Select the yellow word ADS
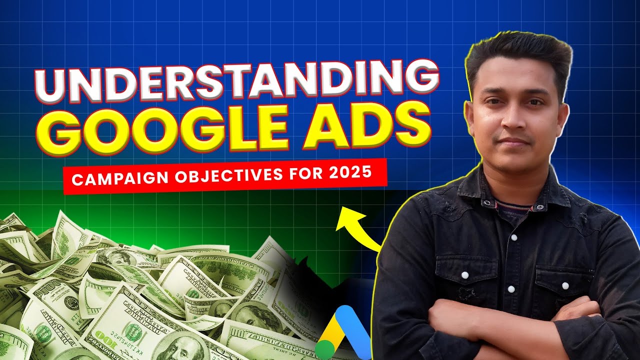(367, 123)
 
